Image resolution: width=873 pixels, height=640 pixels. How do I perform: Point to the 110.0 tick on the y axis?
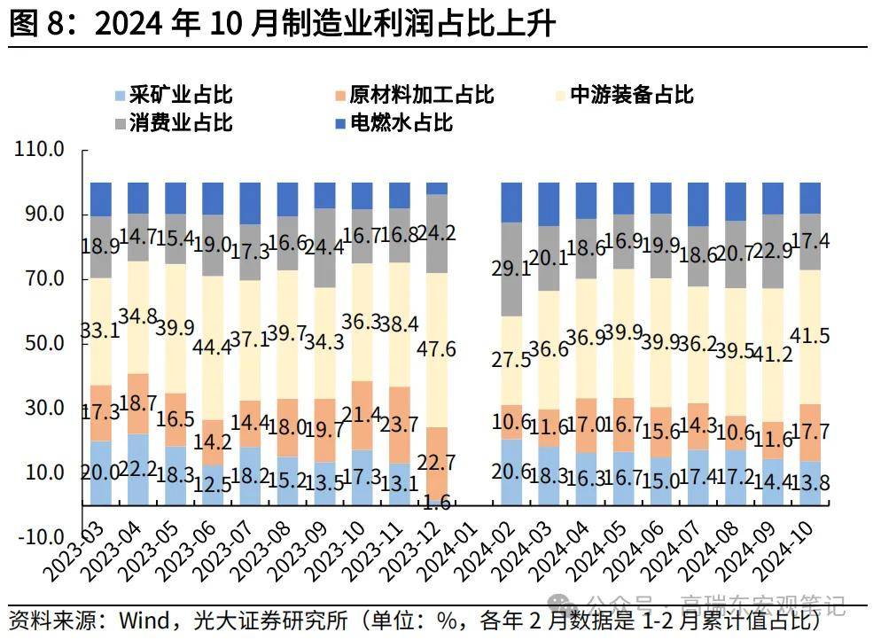coord(39,151)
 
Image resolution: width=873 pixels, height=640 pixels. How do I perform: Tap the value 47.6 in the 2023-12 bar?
coord(437,349)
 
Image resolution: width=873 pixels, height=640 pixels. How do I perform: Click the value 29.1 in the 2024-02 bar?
coord(511,269)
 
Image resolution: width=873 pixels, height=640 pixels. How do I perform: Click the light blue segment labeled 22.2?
coord(137,470)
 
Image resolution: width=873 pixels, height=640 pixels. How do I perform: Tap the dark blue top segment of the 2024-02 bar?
coord(511,202)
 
